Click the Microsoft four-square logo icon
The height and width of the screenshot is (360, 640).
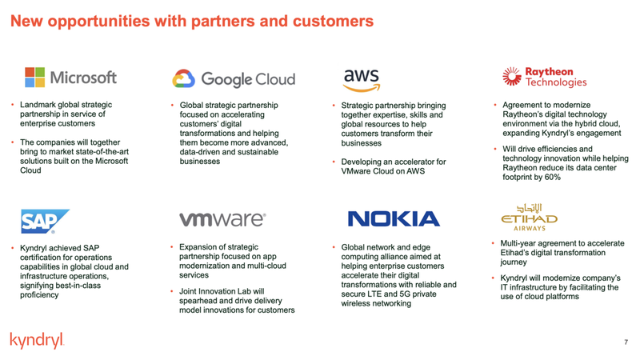(x=35, y=78)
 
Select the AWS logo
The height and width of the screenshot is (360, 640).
(x=361, y=78)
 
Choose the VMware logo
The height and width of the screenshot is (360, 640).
(x=222, y=219)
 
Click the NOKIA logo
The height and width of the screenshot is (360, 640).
(x=394, y=219)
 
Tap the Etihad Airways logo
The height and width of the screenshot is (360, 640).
(x=529, y=215)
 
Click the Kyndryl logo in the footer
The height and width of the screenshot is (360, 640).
(x=37, y=341)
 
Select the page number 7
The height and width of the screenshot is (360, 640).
(x=625, y=342)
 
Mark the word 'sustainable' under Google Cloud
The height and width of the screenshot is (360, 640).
(x=260, y=152)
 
